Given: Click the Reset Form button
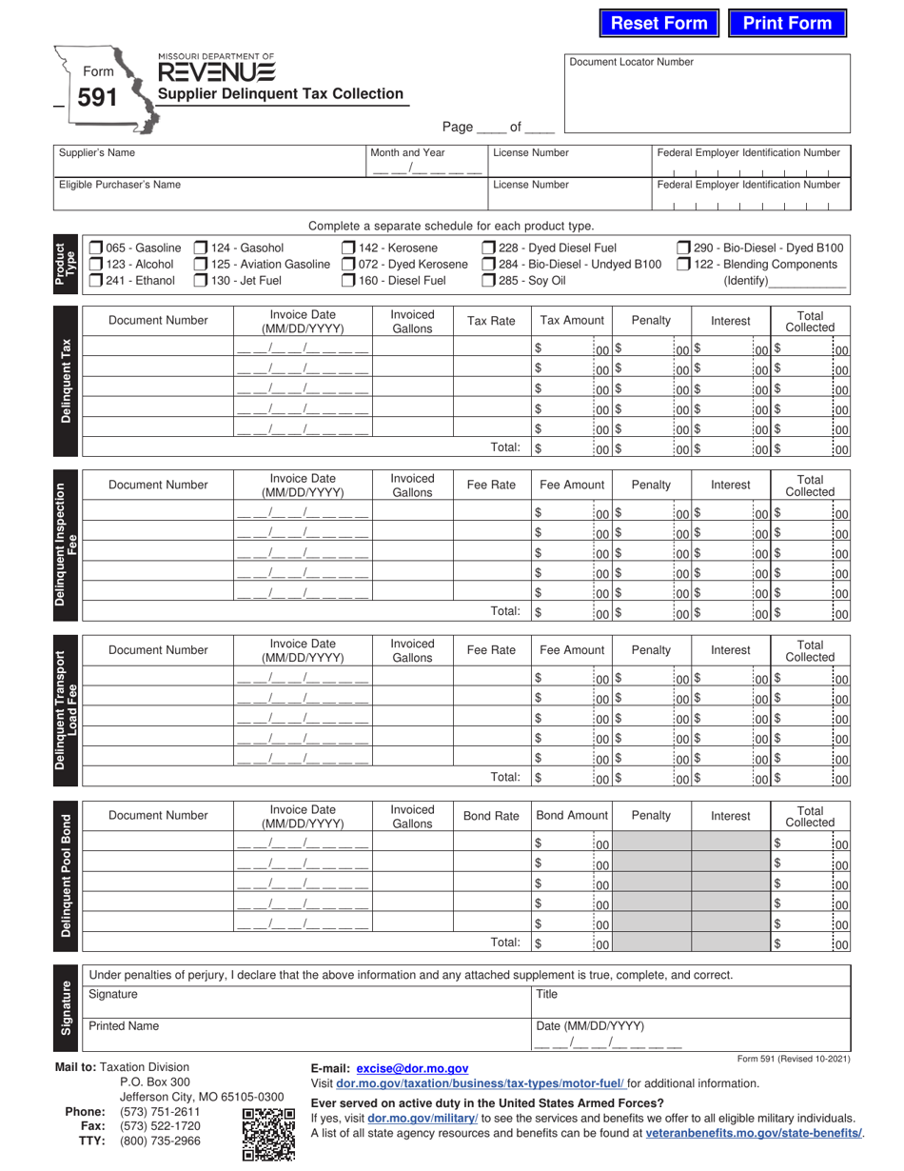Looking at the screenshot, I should [x=658, y=24].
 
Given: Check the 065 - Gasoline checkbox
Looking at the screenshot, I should [x=96, y=248].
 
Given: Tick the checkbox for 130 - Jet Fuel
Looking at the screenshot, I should [x=201, y=281].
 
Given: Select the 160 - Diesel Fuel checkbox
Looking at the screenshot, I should [x=348, y=281].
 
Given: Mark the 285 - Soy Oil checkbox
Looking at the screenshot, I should [x=488, y=281].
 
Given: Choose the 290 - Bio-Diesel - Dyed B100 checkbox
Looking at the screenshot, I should [x=683, y=248].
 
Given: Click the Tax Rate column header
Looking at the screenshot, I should [x=491, y=321].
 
